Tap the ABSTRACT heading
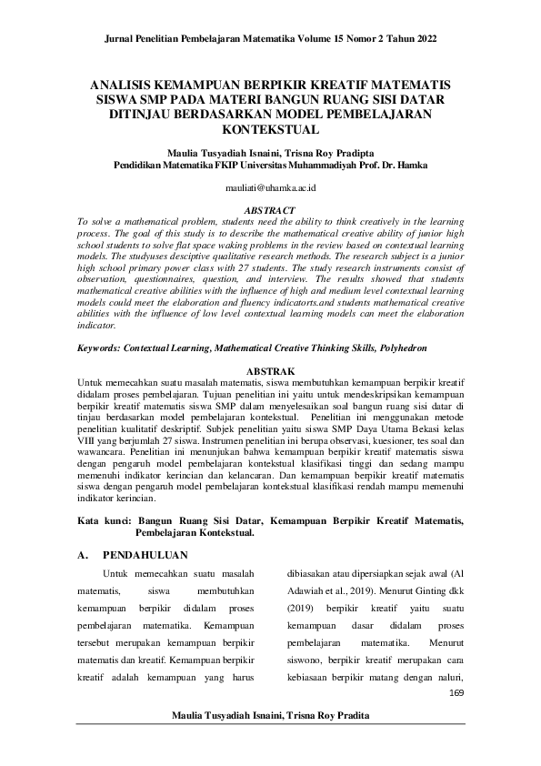click(x=269, y=208)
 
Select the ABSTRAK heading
click(x=271, y=372)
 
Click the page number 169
click(x=456, y=694)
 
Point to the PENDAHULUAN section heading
click(x=145, y=553)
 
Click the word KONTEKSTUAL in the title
click(x=270, y=130)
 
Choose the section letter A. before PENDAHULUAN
click(x=84, y=553)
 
